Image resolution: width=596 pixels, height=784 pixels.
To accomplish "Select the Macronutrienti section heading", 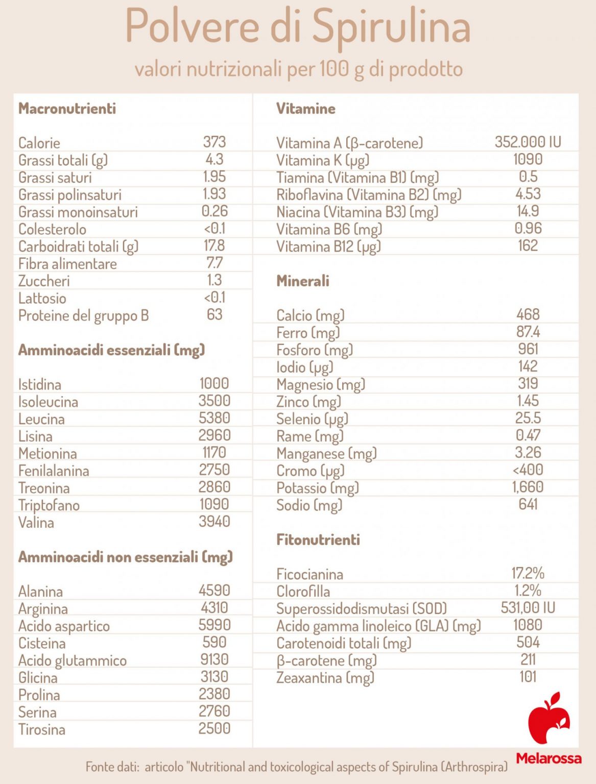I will tap(67, 108).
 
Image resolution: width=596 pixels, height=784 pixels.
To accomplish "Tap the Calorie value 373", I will tap(214, 142).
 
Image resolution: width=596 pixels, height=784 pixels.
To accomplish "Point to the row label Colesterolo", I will tap(52, 229).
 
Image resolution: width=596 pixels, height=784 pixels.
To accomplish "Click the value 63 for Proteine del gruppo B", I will tap(214, 314).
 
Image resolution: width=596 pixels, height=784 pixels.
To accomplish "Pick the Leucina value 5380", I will tap(214, 418).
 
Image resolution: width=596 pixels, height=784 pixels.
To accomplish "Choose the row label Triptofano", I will tap(49, 505).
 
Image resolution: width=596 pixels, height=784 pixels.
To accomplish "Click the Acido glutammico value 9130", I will tap(214, 659).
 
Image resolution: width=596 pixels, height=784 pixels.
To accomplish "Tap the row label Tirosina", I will tap(42, 729).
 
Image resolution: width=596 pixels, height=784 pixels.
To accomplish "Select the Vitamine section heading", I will tap(305, 108).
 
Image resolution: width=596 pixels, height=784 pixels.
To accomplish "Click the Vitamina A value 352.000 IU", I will tap(528, 142).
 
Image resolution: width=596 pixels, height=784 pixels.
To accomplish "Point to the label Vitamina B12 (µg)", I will tap(328, 247).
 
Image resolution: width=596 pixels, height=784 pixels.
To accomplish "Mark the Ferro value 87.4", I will tap(528, 332).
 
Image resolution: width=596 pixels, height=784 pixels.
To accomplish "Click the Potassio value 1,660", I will tap(528, 487).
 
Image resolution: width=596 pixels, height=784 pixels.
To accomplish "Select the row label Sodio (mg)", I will tap(309, 505).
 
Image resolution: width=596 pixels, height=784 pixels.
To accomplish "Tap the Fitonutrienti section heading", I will tap(318, 540).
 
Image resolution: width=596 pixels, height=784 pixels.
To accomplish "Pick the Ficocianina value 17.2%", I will tap(528, 573).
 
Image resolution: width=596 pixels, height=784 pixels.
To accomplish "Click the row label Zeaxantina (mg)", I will tap(325, 677).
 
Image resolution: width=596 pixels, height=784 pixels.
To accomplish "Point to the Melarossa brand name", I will tap(549, 758).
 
